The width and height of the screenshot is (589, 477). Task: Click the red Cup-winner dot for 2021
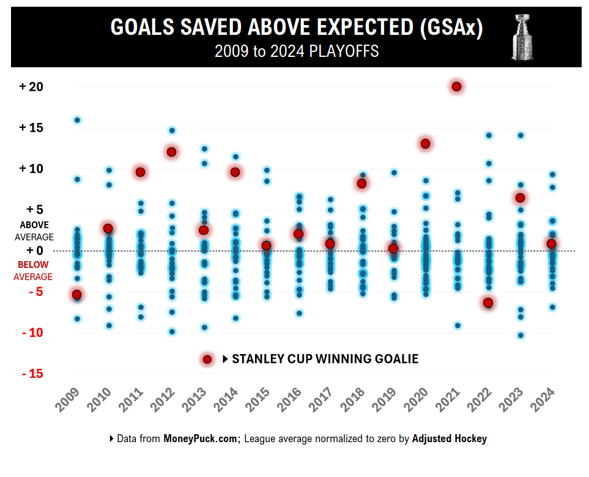tap(456, 87)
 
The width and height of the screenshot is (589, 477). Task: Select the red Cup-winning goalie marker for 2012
tap(171, 152)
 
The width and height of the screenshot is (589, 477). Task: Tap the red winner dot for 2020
tap(425, 144)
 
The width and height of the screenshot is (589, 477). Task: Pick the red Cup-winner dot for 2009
tap(76, 295)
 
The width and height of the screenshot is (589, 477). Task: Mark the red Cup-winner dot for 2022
tap(488, 303)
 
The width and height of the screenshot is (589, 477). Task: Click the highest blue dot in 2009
tap(77, 120)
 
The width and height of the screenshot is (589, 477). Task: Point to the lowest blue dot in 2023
tap(520, 335)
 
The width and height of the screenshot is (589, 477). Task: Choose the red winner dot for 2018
tap(361, 183)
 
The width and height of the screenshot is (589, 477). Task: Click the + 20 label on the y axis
tap(31, 87)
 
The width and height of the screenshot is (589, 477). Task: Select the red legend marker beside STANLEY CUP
tap(207, 360)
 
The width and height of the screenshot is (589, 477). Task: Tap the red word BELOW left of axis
tap(33, 265)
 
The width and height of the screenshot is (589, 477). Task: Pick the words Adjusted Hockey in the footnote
tap(450, 438)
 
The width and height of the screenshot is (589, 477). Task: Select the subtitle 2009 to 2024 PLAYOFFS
tap(297, 51)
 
